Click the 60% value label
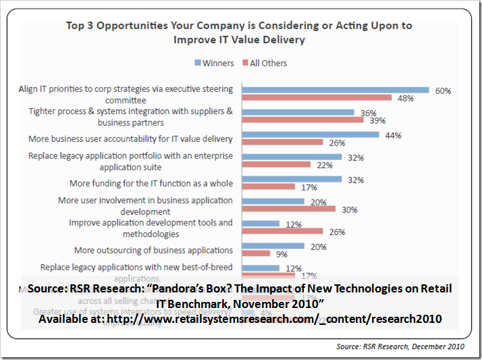click(x=443, y=90)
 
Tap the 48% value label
click(x=406, y=98)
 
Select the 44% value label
click(x=393, y=134)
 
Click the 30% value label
click(x=349, y=209)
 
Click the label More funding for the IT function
click(x=151, y=183)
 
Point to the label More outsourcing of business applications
click(x=154, y=250)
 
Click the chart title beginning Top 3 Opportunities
click(x=239, y=32)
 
